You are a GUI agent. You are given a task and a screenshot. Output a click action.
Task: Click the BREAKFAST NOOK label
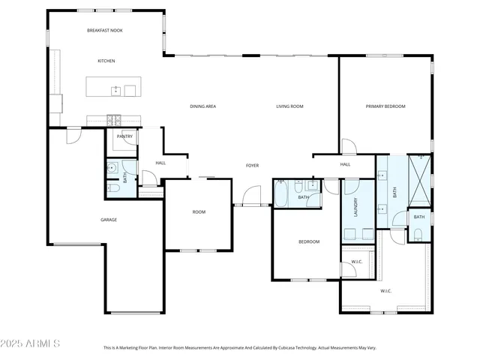point(104,31)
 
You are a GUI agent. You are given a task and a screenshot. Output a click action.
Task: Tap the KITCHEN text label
point(106,61)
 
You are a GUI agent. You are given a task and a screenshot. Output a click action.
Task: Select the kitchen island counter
point(112,87)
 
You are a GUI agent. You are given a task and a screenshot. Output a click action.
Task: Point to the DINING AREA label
point(202,106)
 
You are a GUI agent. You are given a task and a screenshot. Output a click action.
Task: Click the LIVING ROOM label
point(289,106)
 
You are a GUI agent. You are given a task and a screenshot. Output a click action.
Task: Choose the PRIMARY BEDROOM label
point(385,106)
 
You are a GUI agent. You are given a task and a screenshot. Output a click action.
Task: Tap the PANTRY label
point(124,136)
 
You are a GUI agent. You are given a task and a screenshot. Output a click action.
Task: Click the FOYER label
point(253,164)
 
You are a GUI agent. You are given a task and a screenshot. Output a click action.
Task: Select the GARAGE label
point(109,220)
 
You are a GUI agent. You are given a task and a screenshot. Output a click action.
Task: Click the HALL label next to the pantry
point(160,163)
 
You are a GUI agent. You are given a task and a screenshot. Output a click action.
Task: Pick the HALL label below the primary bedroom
point(345,164)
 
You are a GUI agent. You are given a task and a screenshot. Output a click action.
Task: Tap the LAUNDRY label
point(356,207)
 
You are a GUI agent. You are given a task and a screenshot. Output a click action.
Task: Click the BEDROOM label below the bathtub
point(309,241)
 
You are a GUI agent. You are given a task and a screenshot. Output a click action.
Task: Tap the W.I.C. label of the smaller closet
point(356,262)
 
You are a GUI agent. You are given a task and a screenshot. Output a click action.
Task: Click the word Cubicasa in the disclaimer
point(279,348)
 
